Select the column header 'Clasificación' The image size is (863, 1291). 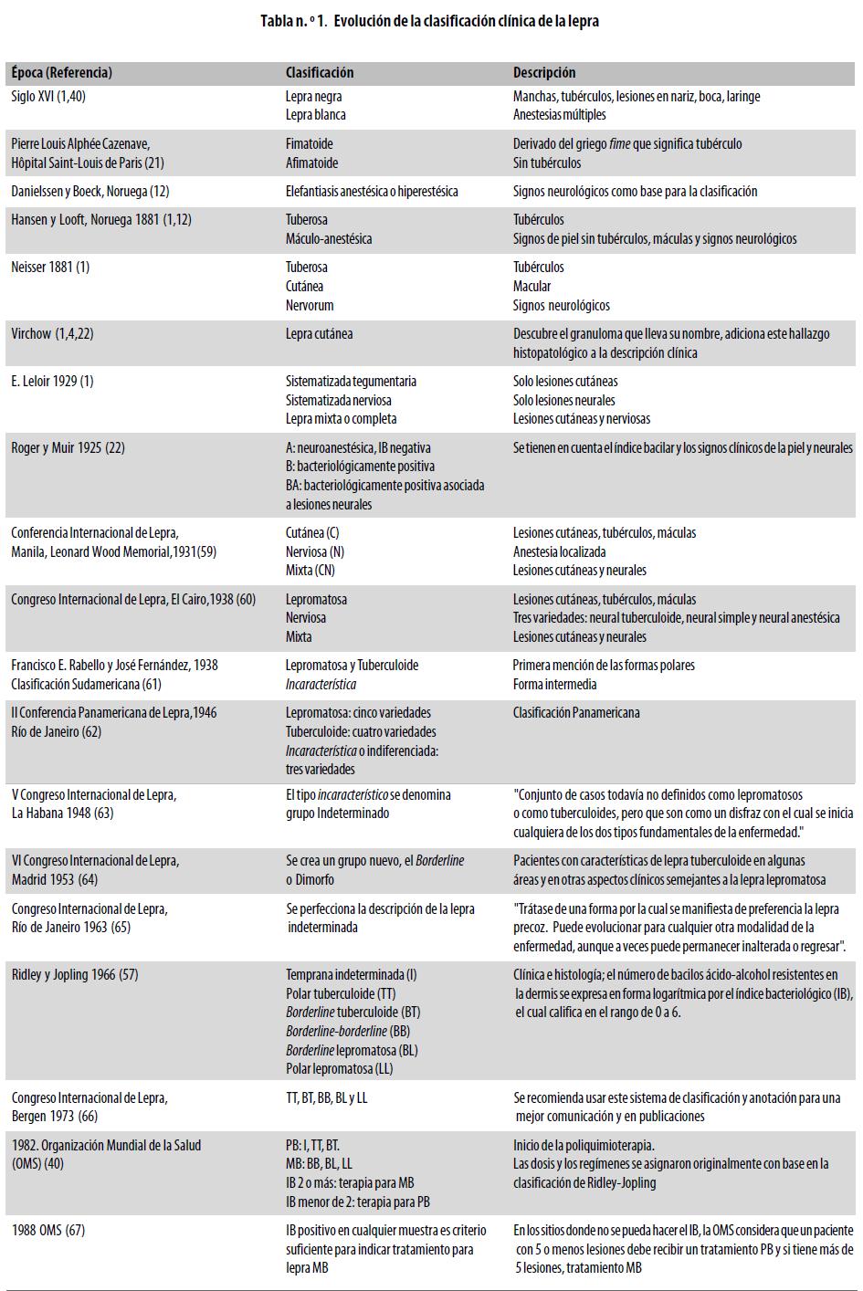319,72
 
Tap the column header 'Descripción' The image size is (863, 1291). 543,72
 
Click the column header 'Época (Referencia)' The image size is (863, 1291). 61,72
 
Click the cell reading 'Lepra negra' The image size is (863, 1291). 313,96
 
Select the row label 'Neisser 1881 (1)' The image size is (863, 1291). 50,268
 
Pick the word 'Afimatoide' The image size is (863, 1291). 311,163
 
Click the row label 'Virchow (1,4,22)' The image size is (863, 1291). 52,334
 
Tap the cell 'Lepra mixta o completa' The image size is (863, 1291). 341,419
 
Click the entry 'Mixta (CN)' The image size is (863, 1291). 310,571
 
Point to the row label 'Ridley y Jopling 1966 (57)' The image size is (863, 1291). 75,975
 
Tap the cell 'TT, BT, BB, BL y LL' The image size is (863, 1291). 326,1098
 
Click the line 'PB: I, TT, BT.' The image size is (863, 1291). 313,1146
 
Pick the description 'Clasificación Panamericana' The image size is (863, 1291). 576,713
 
